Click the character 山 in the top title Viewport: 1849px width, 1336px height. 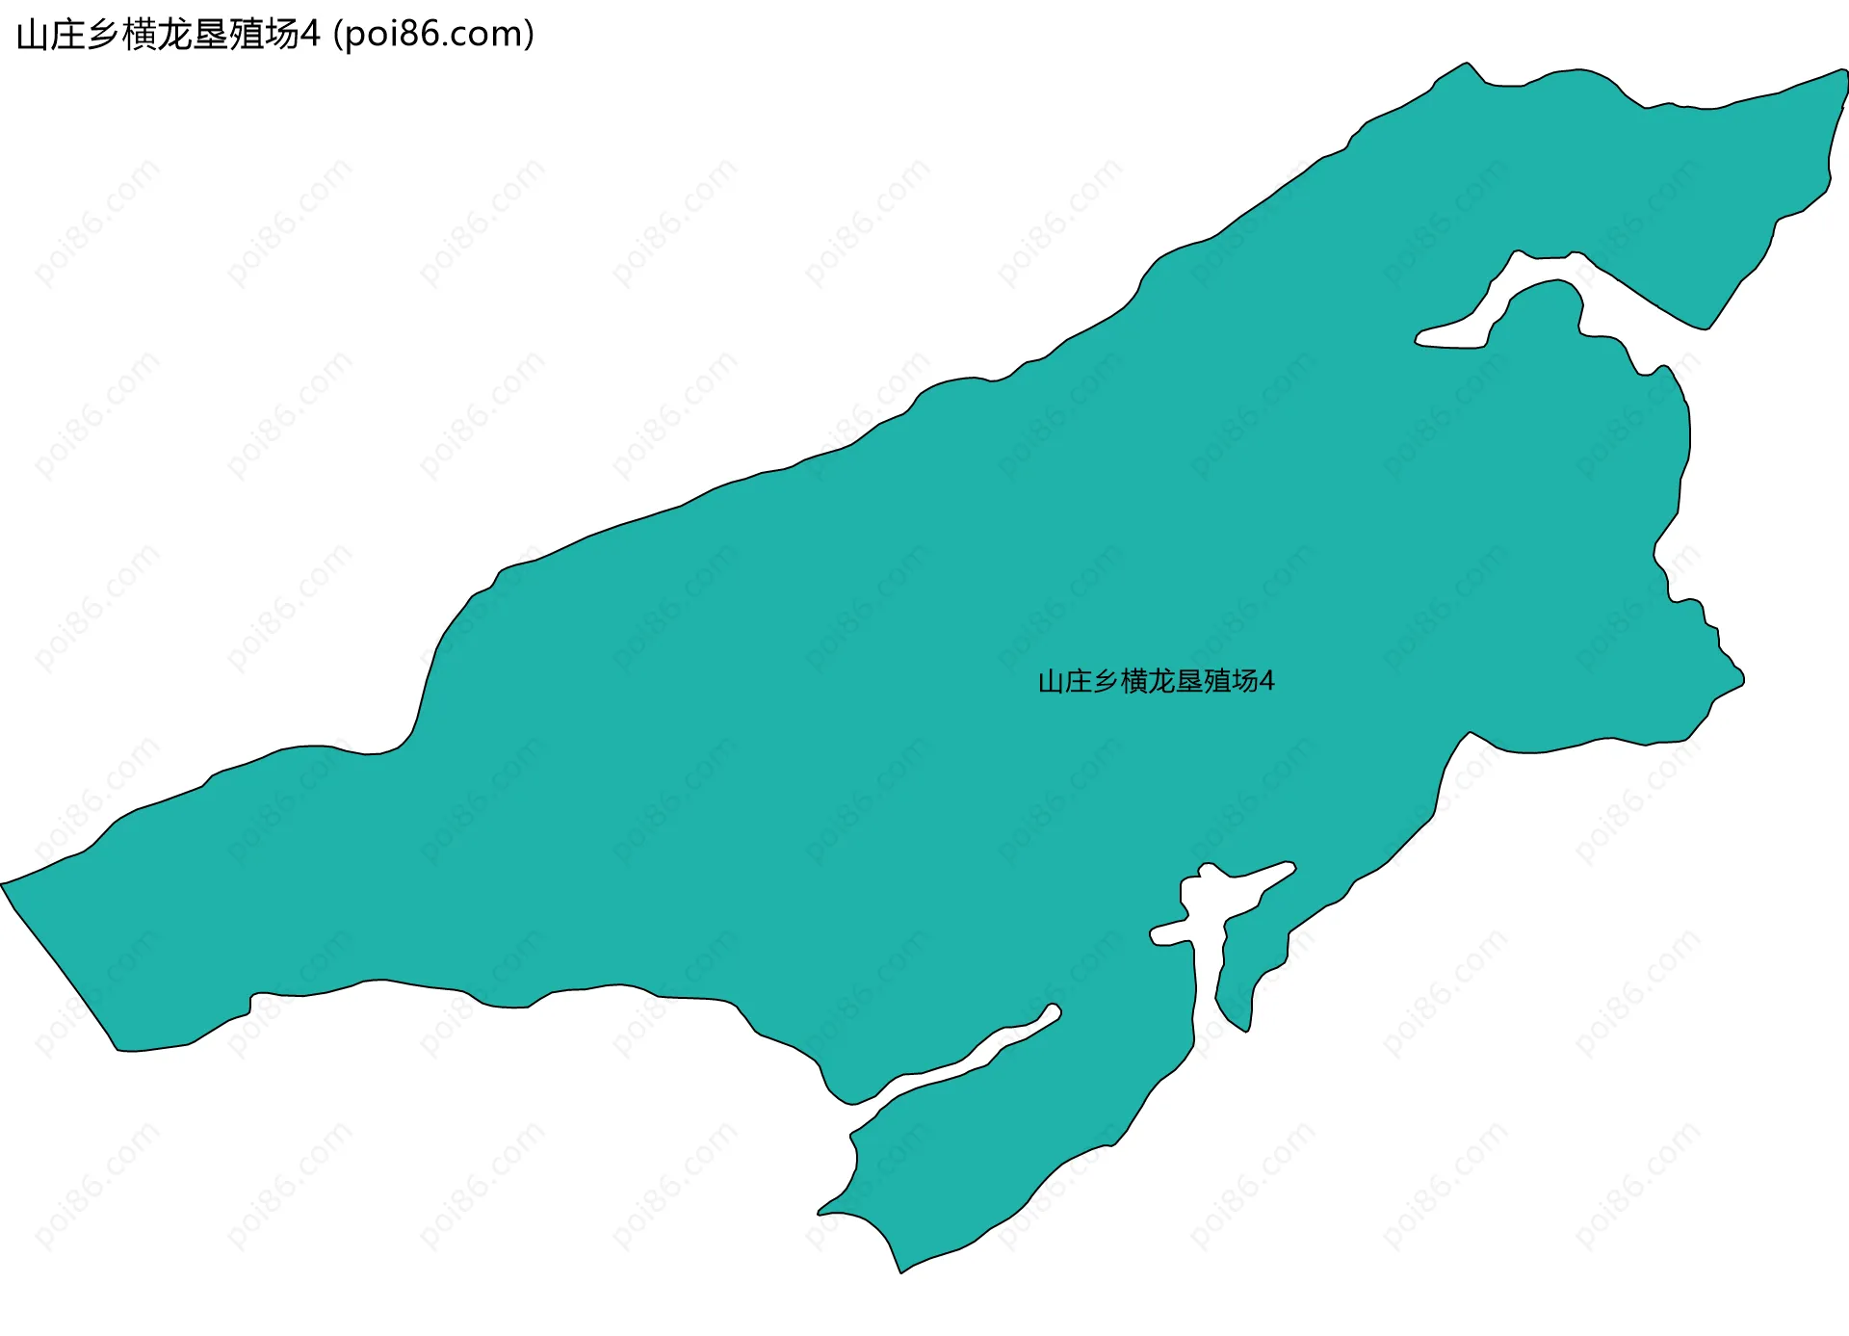click(33, 36)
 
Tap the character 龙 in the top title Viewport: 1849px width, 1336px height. click(174, 36)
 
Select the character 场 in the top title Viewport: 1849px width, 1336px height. click(280, 36)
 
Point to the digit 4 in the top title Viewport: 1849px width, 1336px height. click(309, 36)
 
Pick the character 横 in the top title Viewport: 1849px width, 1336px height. click(139, 36)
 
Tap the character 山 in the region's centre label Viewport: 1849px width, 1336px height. click(1051, 682)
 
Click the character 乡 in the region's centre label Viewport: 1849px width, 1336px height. click(1106, 682)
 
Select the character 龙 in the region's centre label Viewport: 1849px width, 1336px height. click(1161, 682)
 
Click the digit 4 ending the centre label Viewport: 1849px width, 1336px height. click(1267, 682)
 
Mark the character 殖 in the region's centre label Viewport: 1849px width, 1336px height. click(1216, 682)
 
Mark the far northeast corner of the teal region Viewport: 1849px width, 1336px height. click(1843, 72)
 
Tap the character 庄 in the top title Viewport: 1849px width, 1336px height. click(67, 36)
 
